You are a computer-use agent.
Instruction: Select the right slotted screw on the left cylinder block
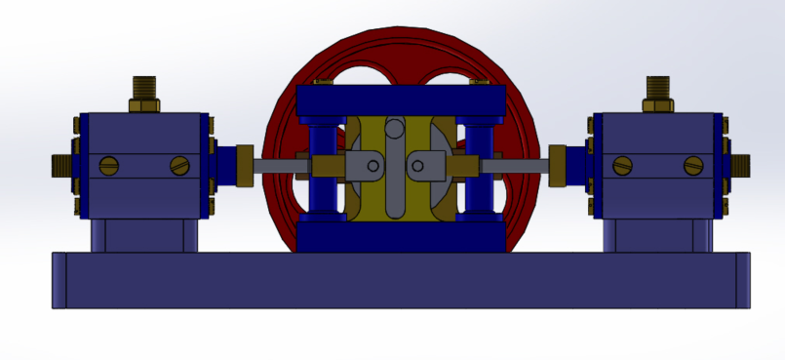tap(178, 166)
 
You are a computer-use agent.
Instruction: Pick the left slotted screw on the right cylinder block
tap(622, 166)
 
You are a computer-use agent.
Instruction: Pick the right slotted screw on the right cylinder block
tap(693, 166)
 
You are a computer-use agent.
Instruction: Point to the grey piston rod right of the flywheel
tap(517, 166)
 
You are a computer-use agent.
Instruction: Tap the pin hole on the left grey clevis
tap(372, 166)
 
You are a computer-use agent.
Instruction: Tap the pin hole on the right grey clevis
tap(417, 166)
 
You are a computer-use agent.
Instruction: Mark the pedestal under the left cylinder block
tap(145, 234)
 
